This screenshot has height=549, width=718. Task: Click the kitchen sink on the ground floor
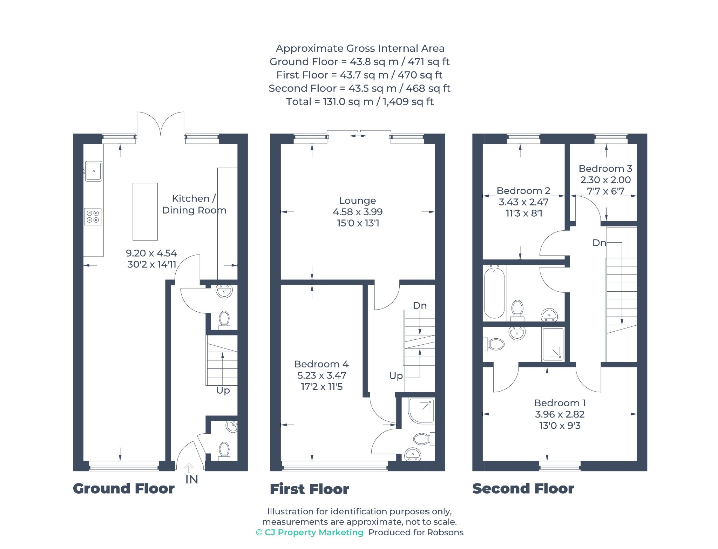(x=94, y=171)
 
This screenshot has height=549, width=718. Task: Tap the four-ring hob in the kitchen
(x=93, y=216)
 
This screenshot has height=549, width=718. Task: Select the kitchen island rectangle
(x=145, y=212)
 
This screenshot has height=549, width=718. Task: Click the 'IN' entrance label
(x=192, y=479)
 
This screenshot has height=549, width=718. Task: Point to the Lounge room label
(x=357, y=201)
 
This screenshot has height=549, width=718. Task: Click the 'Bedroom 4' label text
(x=321, y=364)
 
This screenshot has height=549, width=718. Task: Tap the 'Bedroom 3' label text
(x=605, y=169)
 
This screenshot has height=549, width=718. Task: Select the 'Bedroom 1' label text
(x=560, y=403)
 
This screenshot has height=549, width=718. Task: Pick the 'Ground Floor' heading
(x=124, y=489)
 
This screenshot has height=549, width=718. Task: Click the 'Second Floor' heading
(x=523, y=489)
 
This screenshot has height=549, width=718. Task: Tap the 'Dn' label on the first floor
(x=420, y=306)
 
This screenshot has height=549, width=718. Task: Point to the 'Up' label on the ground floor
(x=223, y=391)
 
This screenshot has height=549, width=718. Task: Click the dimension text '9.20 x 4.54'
(x=151, y=253)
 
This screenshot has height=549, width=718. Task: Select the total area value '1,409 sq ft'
(x=408, y=102)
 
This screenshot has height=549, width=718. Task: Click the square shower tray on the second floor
(x=553, y=344)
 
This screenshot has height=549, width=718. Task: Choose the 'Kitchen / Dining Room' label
(x=194, y=204)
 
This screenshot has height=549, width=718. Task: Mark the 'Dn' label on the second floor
(x=599, y=243)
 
